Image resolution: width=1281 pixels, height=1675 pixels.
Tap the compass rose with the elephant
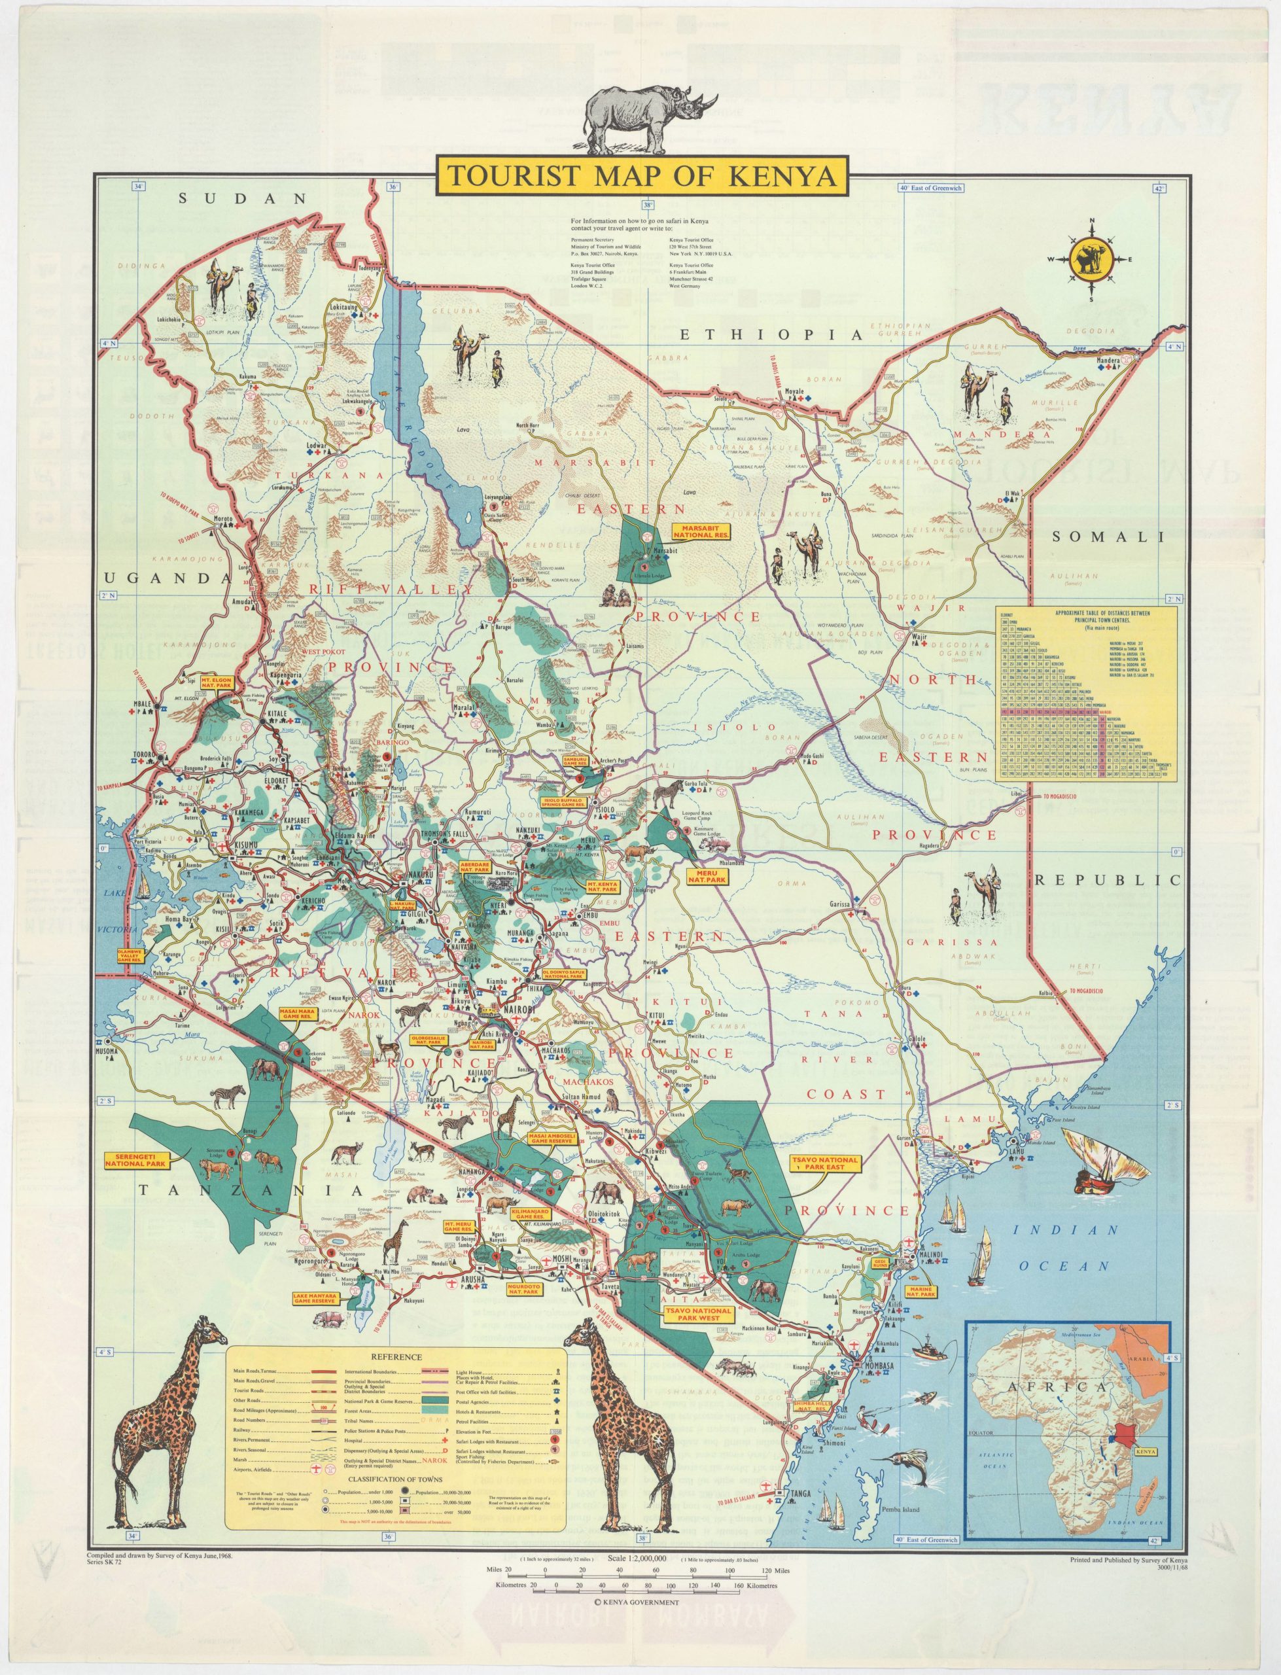[1089, 259]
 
